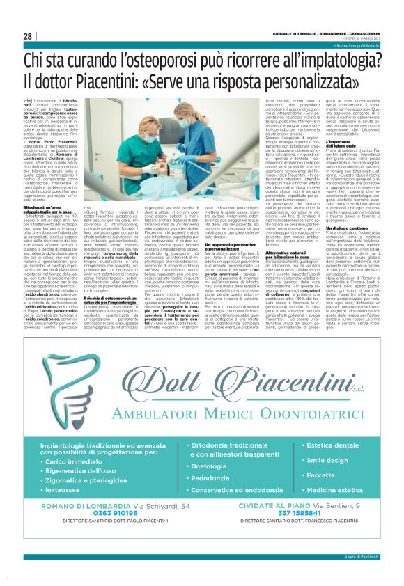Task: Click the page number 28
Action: pos(27,36)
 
